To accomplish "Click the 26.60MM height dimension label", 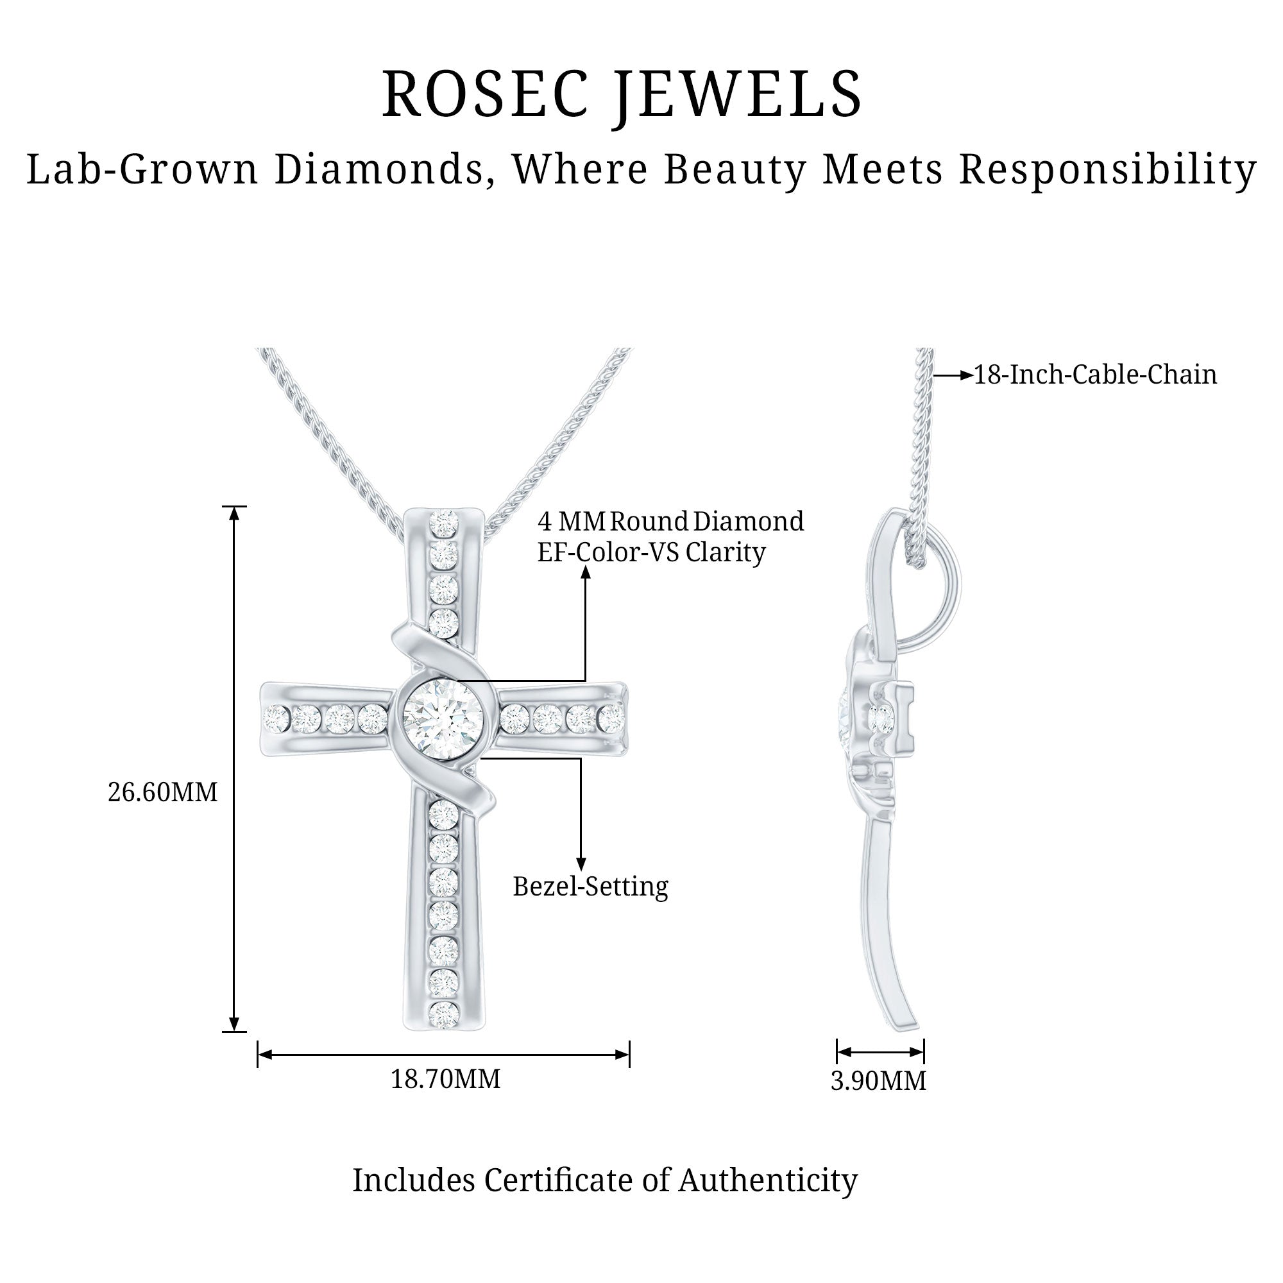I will point(163,792).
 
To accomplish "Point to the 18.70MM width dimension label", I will point(445,1079).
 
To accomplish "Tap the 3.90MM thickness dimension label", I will point(878,1081).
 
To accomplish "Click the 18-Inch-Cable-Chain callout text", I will point(1095,375).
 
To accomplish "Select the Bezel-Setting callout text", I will point(590,887).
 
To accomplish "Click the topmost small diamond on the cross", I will point(445,523).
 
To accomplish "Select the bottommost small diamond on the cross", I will point(444,1015).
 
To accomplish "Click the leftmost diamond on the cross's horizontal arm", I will point(276,717).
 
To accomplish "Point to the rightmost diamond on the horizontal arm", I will point(611,717).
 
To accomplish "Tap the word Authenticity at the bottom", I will point(768,1181).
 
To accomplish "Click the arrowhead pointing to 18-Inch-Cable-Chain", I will point(966,375).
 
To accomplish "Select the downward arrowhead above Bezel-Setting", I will point(581,863).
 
